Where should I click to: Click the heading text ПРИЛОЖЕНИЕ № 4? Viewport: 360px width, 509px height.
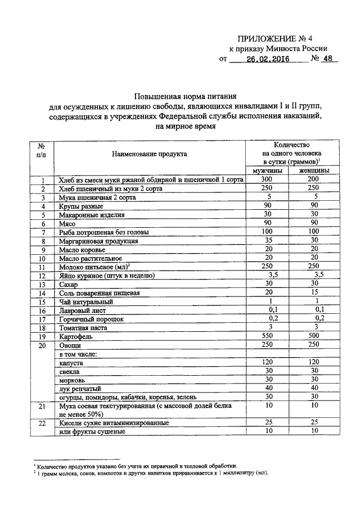tap(275, 38)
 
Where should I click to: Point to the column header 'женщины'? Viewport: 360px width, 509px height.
tap(314, 170)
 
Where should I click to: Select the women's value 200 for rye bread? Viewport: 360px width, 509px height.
tap(314, 179)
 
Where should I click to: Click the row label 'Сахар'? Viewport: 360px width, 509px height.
tap(68, 285)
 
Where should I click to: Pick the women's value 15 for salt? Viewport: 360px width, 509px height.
tap(314, 292)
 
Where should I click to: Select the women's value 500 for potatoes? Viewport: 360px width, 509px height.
tap(314, 336)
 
